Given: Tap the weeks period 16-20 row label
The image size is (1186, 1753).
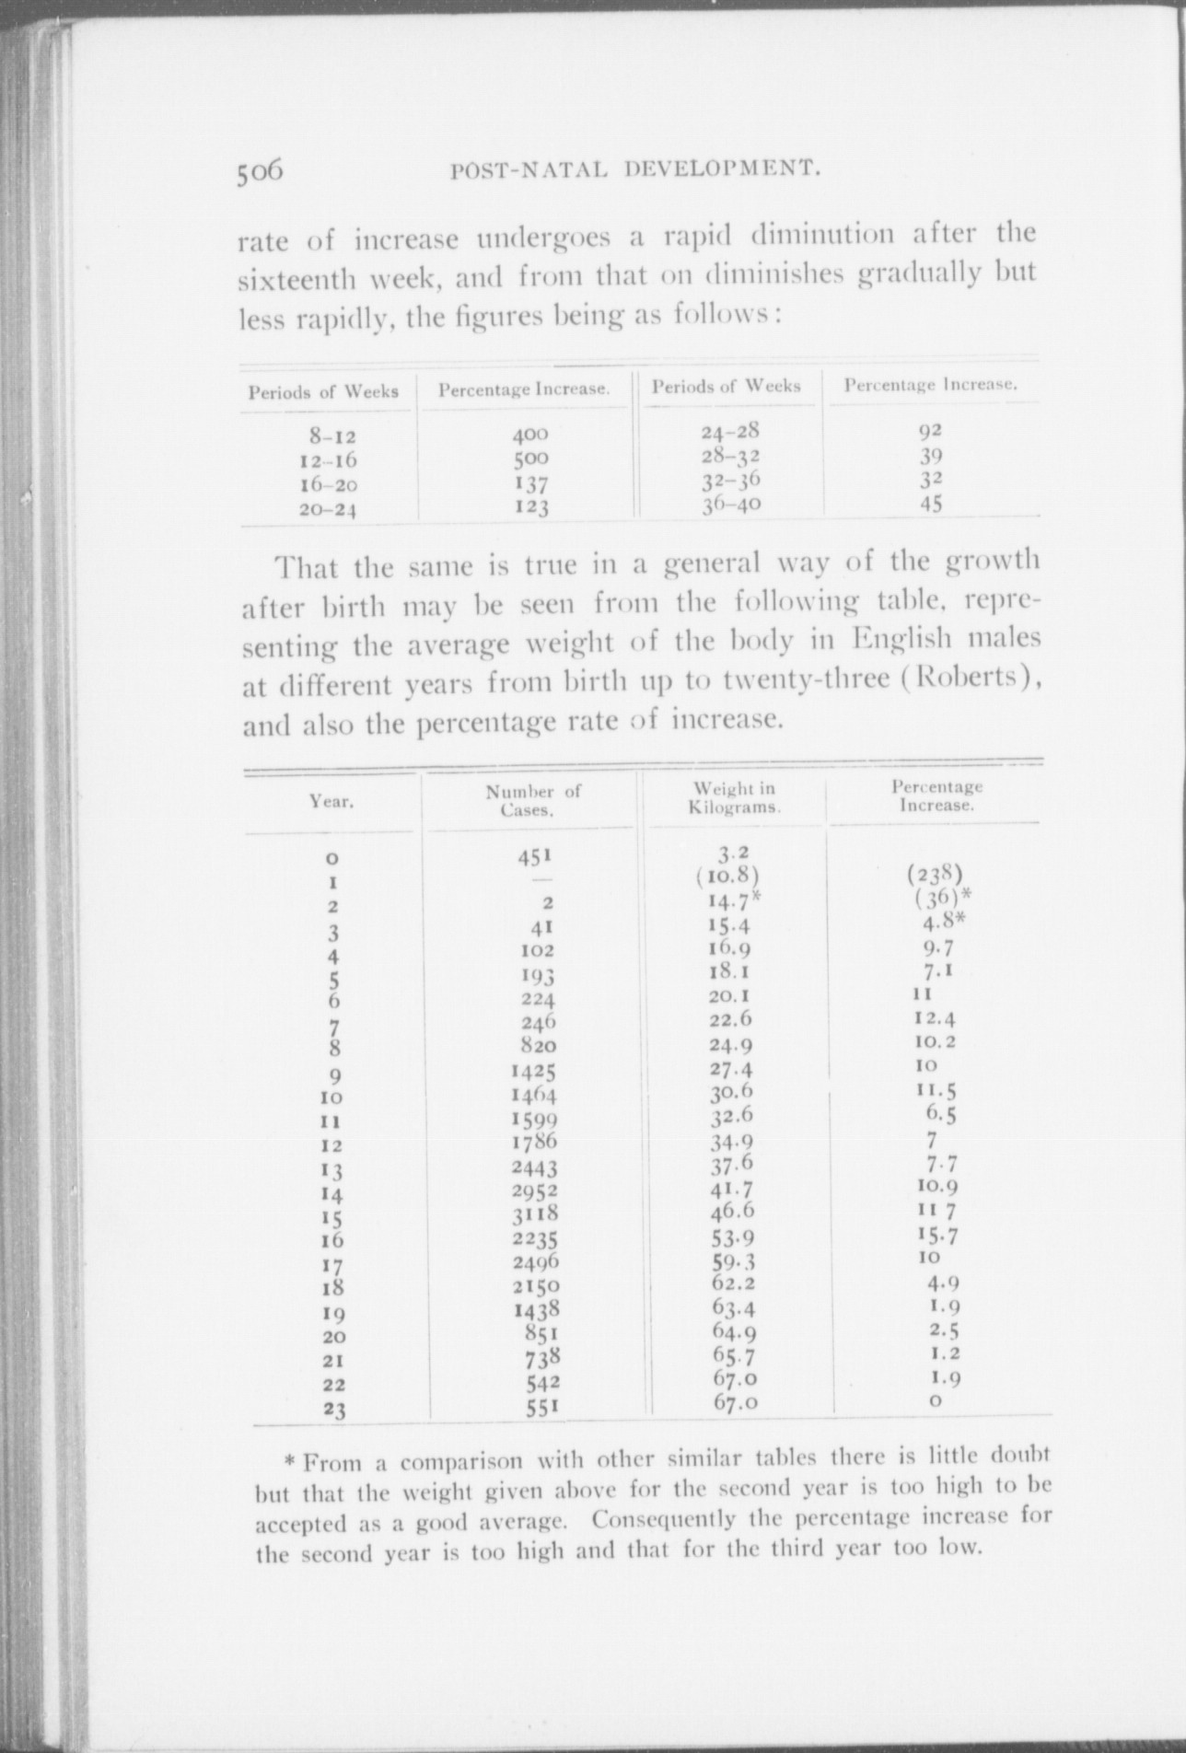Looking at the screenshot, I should click(328, 484).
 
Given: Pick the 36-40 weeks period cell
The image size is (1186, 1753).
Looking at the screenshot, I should click(731, 505).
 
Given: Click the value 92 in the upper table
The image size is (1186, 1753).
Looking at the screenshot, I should click(931, 430).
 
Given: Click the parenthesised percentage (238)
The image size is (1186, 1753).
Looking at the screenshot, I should click(934, 873).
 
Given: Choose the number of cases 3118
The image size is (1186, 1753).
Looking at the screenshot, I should click(535, 1213).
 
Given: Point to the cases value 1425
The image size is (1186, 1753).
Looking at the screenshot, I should click(534, 1072).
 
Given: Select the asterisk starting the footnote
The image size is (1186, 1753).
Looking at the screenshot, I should click(289, 1462).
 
